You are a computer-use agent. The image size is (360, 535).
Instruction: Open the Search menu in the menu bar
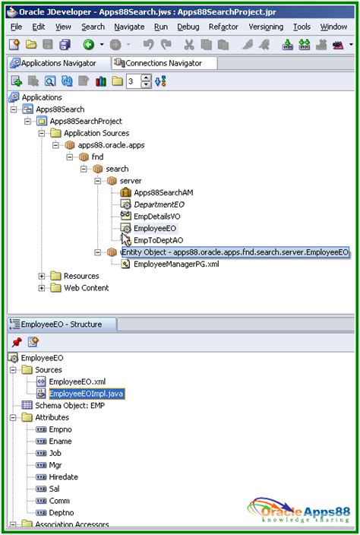(x=93, y=27)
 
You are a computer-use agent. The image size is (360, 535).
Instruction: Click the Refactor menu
(x=223, y=27)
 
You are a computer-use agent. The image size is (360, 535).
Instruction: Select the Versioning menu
(x=266, y=27)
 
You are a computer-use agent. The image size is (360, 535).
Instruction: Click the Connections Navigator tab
(x=163, y=63)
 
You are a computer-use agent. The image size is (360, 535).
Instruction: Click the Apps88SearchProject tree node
(x=85, y=121)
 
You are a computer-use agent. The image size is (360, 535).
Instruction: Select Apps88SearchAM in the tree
(x=163, y=192)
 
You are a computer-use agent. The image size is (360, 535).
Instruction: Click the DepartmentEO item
(x=159, y=204)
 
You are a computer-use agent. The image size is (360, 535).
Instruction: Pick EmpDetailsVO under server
(x=156, y=217)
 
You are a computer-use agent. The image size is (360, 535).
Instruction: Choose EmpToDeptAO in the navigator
(x=158, y=240)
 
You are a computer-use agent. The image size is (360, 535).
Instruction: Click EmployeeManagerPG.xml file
(x=177, y=264)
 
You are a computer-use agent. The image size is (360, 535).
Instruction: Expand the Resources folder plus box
(x=41, y=276)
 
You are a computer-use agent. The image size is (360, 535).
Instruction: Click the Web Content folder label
(x=86, y=288)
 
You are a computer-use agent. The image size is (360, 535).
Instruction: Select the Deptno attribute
(x=62, y=513)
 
